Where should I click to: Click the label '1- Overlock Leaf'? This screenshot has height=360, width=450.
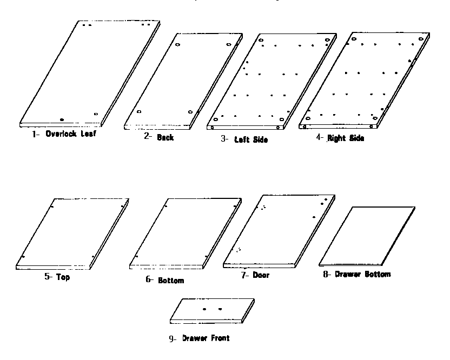64,134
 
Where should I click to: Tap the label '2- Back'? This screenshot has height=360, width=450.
158,137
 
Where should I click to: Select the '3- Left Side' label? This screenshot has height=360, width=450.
244,139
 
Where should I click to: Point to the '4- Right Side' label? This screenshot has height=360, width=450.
340,138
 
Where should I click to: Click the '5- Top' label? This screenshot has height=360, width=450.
57,277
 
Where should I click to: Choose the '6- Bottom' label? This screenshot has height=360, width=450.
165,280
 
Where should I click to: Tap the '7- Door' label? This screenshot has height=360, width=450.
255,275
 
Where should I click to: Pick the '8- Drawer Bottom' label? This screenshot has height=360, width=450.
357,274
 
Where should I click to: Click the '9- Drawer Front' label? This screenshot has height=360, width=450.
199,338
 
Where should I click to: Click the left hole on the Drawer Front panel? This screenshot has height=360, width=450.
204,309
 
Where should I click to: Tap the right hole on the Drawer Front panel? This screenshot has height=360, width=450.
220,309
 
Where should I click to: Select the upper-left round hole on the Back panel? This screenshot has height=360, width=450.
177,44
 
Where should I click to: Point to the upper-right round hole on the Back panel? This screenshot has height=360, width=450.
228,44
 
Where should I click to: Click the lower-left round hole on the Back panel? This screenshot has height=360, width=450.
139,111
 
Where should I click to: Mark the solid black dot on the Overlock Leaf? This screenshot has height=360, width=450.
62,119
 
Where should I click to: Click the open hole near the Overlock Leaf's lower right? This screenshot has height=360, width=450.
96,114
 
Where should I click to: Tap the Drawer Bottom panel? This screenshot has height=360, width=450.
367,236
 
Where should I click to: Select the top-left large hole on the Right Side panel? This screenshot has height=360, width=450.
354,39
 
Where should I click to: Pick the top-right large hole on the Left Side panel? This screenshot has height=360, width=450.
327,40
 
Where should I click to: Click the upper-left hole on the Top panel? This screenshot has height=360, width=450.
52,206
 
